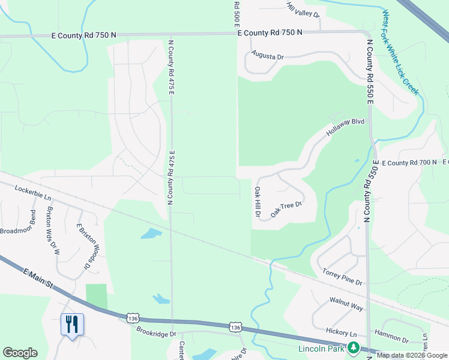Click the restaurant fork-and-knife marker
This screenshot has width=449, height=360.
coord(72,325)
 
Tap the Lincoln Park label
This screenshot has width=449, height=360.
coord(322,348)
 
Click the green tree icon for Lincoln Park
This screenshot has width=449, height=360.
coord(354,347)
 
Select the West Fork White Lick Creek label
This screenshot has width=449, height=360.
coord(400,53)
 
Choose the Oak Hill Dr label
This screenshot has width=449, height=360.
coord(258,202)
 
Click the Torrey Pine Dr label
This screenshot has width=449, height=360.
coord(343,277)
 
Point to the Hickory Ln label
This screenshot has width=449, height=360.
coord(342,332)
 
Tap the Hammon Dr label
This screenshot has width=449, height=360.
coord(391,336)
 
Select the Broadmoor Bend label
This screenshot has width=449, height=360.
coord(18,230)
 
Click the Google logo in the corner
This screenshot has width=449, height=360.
coord(20,353)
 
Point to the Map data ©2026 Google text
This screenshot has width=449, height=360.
coord(412,355)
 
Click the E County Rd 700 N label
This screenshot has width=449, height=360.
coord(408,163)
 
